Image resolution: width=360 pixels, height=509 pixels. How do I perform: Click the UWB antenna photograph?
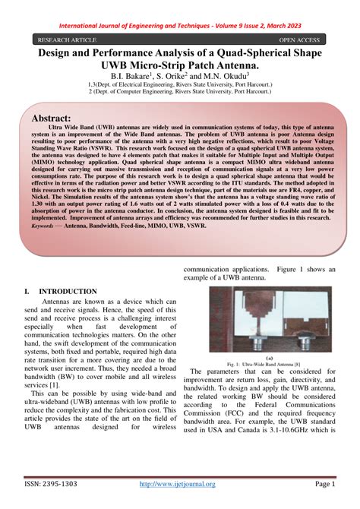coord(271,319)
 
